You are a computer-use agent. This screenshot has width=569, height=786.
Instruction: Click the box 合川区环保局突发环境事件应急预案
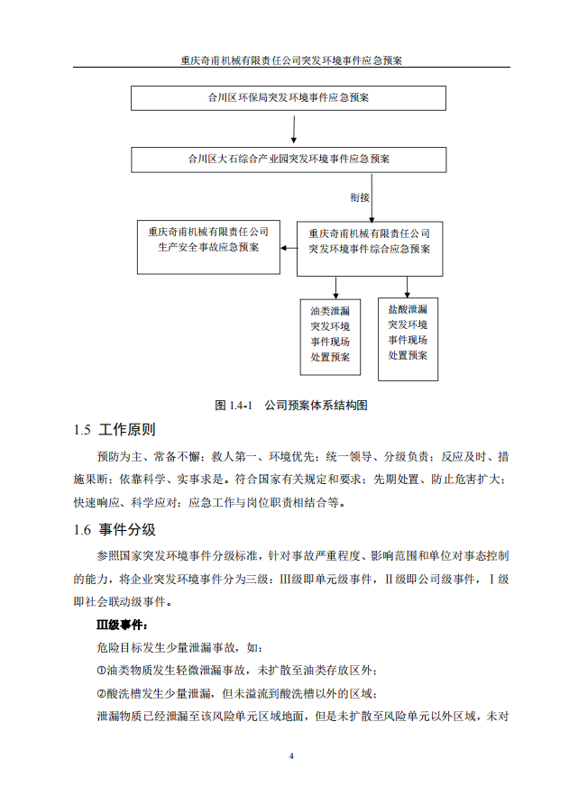(x=289, y=97)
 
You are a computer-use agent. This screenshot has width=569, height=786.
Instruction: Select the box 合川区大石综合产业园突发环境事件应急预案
(x=289, y=159)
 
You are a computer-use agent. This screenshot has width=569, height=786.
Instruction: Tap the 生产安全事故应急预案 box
(x=208, y=247)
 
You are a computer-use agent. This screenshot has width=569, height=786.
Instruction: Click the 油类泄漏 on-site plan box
(x=330, y=336)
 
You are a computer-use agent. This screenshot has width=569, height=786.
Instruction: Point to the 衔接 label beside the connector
(x=360, y=196)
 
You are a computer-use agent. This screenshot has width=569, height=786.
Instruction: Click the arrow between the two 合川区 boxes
(x=293, y=128)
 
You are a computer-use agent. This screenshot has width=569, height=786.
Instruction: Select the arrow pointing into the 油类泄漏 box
(x=335, y=288)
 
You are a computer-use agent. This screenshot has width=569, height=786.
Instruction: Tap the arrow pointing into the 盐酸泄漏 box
(x=407, y=287)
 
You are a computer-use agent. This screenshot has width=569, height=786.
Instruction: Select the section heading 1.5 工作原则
(x=115, y=430)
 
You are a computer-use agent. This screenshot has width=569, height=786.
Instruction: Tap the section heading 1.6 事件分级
(x=115, y=529)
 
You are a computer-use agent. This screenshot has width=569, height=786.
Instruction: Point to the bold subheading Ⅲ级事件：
(x=123, y=624)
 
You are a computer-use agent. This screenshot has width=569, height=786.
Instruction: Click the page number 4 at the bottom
(x=290, y=755)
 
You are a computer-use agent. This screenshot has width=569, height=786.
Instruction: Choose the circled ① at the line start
(x=101, y=671)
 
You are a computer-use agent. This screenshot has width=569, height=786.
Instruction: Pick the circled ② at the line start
(x=101, y=694)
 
